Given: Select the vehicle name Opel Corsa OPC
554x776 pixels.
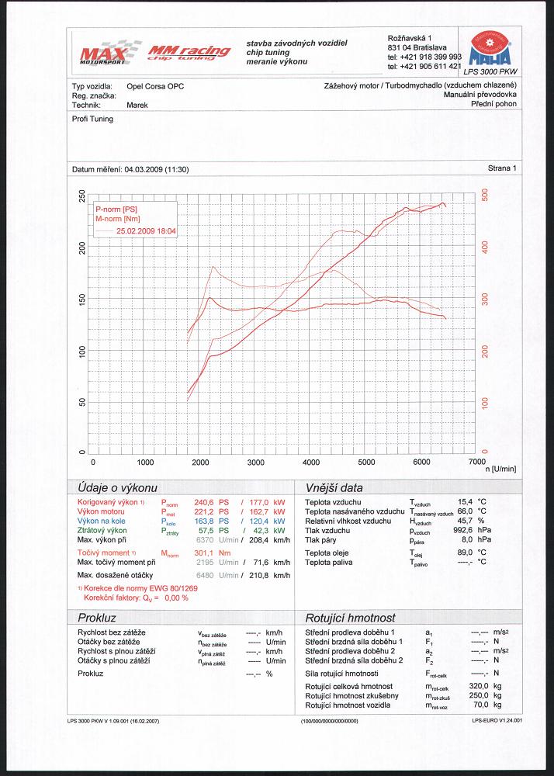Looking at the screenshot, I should [155, 86].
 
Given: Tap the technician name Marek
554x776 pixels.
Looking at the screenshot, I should [137, 103].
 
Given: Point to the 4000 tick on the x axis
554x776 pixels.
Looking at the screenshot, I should [311, 462].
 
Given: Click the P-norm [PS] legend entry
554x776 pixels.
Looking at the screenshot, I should [116, 210].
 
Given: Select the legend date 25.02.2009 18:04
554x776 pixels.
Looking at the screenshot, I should [147, 231].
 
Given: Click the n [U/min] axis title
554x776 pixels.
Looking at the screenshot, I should [501, 469].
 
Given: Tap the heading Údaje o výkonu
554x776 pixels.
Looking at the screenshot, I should [117, 488].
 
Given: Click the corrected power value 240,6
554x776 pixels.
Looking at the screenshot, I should [203, 503].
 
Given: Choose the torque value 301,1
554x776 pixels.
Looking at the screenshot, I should [203, 553].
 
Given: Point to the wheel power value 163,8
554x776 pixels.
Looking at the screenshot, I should [203, 521].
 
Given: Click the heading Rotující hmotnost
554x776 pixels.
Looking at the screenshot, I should [351, 618].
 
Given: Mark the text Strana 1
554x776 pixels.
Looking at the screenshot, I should [502, 168].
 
